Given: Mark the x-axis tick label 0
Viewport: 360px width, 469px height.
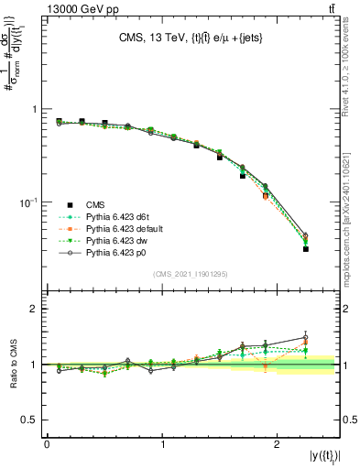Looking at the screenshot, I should tap(47, 443).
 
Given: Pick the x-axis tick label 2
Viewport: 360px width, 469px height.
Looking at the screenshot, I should tap(278, 443).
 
